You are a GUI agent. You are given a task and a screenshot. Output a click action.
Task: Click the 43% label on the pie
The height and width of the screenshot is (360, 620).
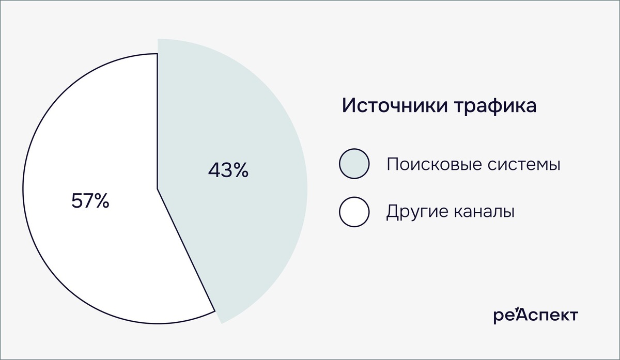click(228, 170)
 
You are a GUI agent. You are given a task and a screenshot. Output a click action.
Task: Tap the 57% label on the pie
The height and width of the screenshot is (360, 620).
click(90, 201)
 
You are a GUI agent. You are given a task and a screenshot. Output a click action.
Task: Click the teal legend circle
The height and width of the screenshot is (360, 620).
click(354, 164)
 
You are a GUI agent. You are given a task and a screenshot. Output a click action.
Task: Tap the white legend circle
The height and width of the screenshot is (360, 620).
click(354, 212)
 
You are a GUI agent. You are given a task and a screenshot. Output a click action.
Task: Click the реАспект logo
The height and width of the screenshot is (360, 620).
click(535, 315)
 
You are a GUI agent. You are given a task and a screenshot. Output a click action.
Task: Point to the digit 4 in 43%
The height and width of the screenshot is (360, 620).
click(214, 170)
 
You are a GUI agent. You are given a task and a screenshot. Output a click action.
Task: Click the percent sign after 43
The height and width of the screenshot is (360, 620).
click(240, 170)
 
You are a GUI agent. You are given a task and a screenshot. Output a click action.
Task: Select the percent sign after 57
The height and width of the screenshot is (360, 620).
click(101, 201)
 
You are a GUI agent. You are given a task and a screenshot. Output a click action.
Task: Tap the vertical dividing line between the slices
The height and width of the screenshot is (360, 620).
click(157, 119)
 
